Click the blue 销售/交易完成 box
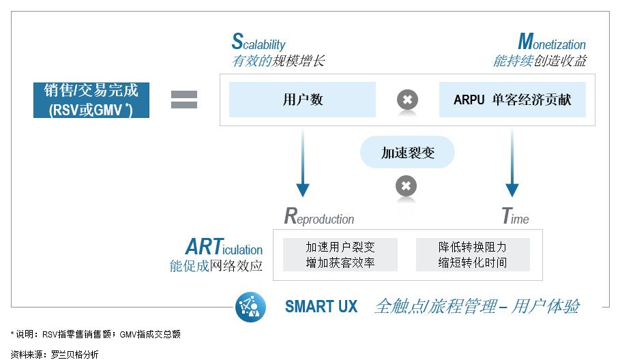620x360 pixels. point(91,100)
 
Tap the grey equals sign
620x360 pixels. point(184,100)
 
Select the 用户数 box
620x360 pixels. point(302,100)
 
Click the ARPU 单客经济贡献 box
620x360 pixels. point(512,100)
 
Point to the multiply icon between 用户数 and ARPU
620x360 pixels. point(407,100)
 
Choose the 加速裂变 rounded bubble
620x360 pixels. point(407,152)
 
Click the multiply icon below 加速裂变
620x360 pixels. point(406,185)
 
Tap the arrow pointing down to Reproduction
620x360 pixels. point(303,163)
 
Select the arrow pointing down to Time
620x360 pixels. point(512,163)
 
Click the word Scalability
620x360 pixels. point(259,42)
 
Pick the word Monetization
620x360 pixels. point(552,42)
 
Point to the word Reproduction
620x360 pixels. point(319,217)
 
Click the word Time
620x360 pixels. point(515,216)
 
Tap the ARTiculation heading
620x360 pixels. point(224,247)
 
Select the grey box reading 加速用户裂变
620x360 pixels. point(340,254)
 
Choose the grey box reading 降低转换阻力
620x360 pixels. point(473,254)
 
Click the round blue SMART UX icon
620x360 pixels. point(250,307)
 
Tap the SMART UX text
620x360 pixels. point(321,307)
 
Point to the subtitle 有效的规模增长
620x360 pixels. point(278,61)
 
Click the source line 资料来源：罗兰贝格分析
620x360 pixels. point(55,355)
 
